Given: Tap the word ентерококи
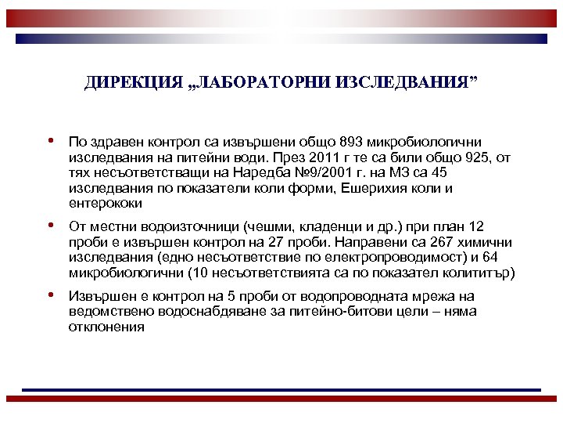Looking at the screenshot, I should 106,204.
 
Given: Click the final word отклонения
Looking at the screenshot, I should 106,327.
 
